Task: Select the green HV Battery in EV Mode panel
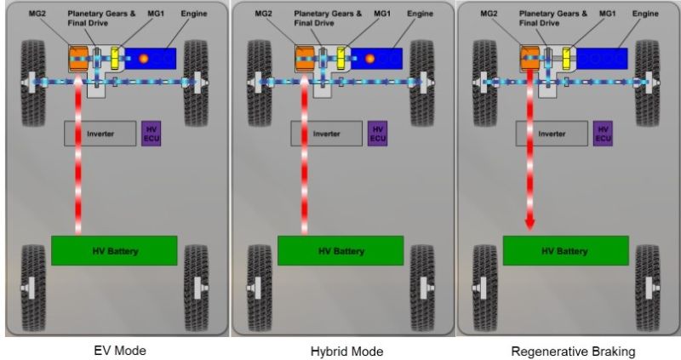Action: (114, 251)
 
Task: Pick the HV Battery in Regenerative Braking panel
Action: (566, 251)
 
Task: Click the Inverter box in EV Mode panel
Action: (100, 134)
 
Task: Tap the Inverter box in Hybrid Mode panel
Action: (327, 134)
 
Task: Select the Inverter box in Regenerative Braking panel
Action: (552, 134)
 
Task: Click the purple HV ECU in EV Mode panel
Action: (152, 133)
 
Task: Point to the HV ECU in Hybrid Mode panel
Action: (378, 133)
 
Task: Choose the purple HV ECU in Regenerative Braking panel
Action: (604, 133)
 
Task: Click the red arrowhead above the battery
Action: (529, 224)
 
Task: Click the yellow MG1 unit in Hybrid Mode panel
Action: (343, 60)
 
